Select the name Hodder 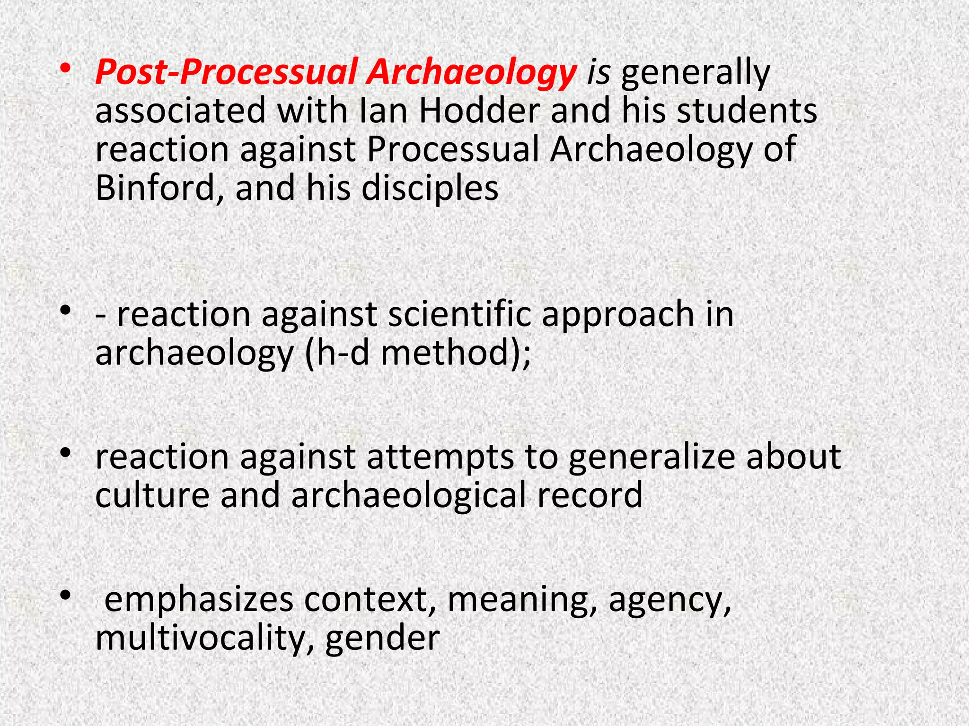pyautogui.click(x=479, y=111)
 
